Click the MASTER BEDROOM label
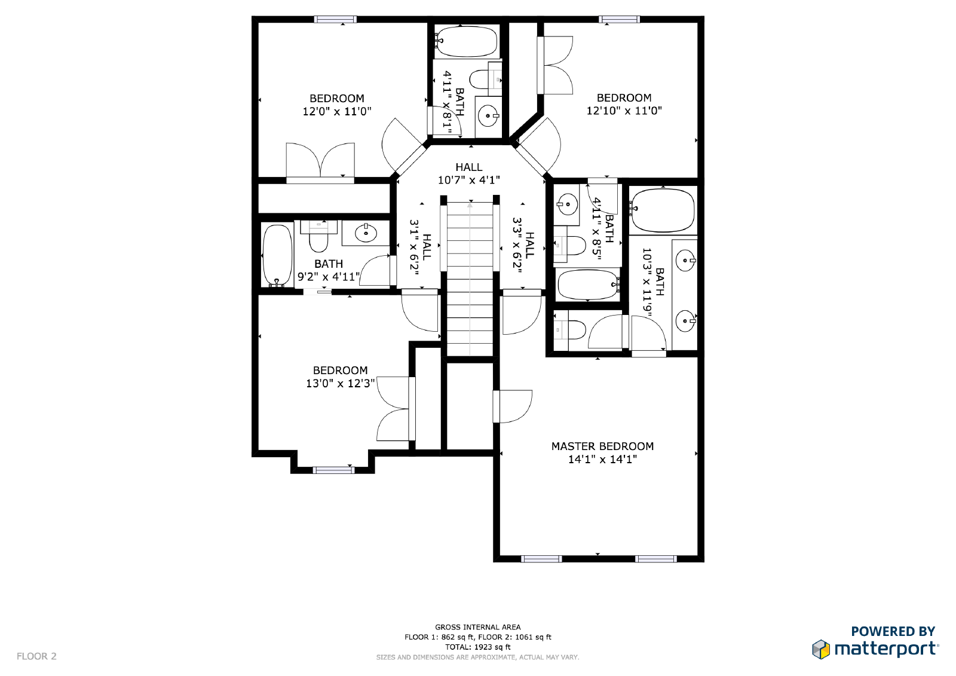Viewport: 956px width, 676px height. (602, 446)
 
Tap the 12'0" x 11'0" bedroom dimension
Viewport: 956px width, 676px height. (337, 111)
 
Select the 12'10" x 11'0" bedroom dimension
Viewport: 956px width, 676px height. (624, 111)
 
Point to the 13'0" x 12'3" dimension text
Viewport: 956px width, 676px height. (340, 383)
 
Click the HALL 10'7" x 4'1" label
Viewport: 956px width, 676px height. (468, 173)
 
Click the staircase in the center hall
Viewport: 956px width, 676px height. (470, 279)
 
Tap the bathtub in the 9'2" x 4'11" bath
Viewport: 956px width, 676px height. (277, 255)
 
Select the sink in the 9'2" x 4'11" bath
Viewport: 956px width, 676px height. (366, 233)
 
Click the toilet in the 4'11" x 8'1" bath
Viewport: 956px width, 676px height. (482, 79)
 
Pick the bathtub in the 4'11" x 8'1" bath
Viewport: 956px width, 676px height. (467, 41)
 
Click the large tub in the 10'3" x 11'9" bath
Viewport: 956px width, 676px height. (662, 210)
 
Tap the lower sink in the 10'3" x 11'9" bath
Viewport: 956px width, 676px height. (685, 320)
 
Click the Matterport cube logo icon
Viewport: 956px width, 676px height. (821, 649)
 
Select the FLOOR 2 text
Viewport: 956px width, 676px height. (36, 656)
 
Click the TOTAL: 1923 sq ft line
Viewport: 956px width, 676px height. (477, 647)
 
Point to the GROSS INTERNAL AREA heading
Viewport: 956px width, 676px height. (477, 627)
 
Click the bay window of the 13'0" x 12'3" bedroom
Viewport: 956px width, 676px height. (333, 470)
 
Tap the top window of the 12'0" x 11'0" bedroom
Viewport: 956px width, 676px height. (335, 20)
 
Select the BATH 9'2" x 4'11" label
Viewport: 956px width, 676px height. (329, 270)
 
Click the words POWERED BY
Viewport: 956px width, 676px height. (893, 631)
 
